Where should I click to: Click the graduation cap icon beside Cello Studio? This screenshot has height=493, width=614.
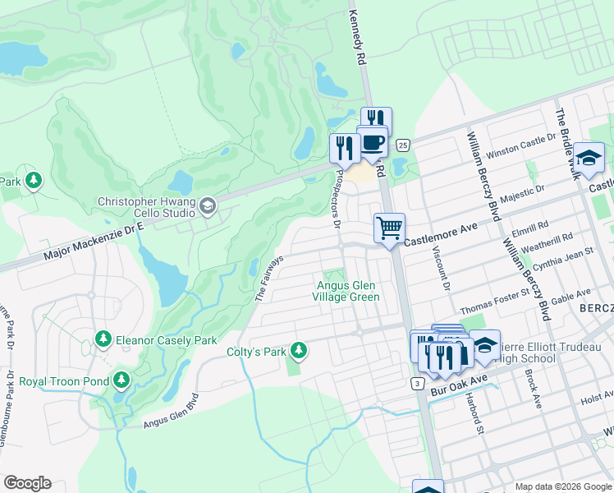(208, 205)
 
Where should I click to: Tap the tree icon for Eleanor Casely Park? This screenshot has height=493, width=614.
(103, 339)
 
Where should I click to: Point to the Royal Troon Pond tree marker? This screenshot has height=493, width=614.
(121, 380)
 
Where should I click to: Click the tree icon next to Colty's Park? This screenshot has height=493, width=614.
(299, 351)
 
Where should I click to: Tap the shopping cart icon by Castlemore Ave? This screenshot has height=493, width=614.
(389, 227)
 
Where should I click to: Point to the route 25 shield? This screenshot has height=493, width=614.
(402, 145)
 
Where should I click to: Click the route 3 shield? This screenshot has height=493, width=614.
(418, 383)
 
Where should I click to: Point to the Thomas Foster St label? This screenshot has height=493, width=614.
(490, 306)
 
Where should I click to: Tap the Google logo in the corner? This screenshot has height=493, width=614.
(27, 483)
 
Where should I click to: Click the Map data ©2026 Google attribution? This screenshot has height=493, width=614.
(562, 486)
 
